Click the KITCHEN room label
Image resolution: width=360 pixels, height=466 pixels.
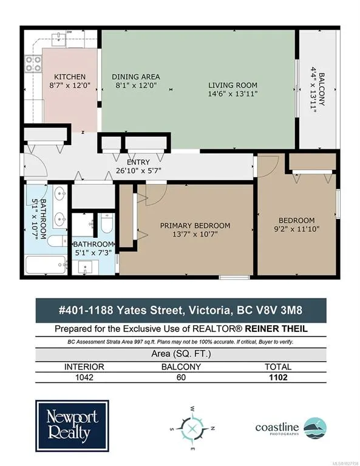[70, 76]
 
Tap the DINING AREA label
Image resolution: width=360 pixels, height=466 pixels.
[136, 76]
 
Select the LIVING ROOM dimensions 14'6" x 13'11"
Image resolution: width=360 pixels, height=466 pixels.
[233, 94]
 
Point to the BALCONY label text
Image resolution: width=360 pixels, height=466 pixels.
[322, 89]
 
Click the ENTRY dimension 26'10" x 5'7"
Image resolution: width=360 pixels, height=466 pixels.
[138, 171]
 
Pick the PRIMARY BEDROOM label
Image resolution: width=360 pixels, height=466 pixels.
[195, 226]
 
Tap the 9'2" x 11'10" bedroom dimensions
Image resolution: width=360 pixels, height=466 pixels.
[296, 229]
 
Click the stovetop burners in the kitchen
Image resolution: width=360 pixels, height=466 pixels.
[33, 64]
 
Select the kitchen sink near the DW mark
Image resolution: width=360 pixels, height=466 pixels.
[58, 39]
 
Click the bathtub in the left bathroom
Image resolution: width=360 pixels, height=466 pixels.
[46, 265]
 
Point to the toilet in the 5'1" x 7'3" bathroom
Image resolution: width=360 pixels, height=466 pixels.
[107, 223]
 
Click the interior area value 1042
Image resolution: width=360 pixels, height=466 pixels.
[84, 377]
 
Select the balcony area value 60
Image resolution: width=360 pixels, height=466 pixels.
[181, 377]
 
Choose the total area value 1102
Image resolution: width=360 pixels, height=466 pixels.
[278, 377]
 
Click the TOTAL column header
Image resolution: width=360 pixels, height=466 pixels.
[278, 366]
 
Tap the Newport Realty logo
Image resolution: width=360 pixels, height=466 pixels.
[72, 426]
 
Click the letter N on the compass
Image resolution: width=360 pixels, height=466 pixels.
[213, 428]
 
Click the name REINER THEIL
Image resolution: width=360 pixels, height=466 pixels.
[276, 329]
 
